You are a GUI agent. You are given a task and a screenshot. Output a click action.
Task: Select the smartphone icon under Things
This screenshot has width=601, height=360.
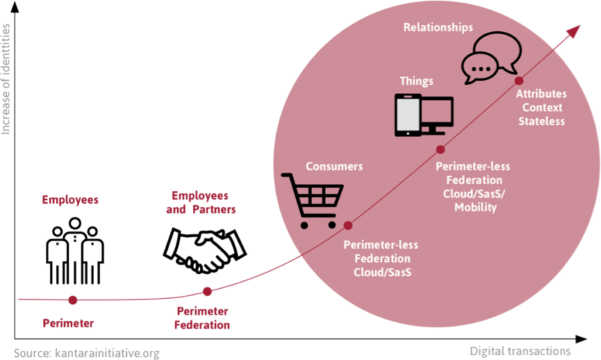[408, 115]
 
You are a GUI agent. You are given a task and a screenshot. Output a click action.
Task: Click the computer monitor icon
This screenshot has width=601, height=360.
[438, 114]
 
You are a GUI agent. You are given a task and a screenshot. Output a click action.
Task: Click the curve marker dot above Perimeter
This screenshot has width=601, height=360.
[72, 300]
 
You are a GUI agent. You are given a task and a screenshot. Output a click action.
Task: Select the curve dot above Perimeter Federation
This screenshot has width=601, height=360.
[206, 292]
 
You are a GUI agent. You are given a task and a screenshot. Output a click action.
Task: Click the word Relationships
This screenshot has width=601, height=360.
[438, 27]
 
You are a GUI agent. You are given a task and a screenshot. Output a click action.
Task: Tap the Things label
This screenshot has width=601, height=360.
[416, 81]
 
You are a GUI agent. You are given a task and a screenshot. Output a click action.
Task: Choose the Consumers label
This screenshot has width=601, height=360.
[334, 166]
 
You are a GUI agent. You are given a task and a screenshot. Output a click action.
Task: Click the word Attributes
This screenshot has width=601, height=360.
[541, 94]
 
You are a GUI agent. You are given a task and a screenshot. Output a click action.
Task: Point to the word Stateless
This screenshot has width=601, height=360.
[541, 122]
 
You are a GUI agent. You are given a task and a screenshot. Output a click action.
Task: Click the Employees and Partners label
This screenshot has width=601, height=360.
[200, 202]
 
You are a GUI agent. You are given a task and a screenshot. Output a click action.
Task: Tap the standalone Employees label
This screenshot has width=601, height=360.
[70, 199]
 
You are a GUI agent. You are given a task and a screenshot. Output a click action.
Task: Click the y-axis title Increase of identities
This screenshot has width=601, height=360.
[7, 79]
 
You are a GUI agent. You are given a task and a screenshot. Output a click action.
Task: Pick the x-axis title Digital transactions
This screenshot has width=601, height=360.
[520, 350]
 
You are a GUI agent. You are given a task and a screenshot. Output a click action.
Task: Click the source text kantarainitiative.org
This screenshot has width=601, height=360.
[86, 353]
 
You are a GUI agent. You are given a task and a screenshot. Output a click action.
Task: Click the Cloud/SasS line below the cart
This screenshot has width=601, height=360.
[382, 272]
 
